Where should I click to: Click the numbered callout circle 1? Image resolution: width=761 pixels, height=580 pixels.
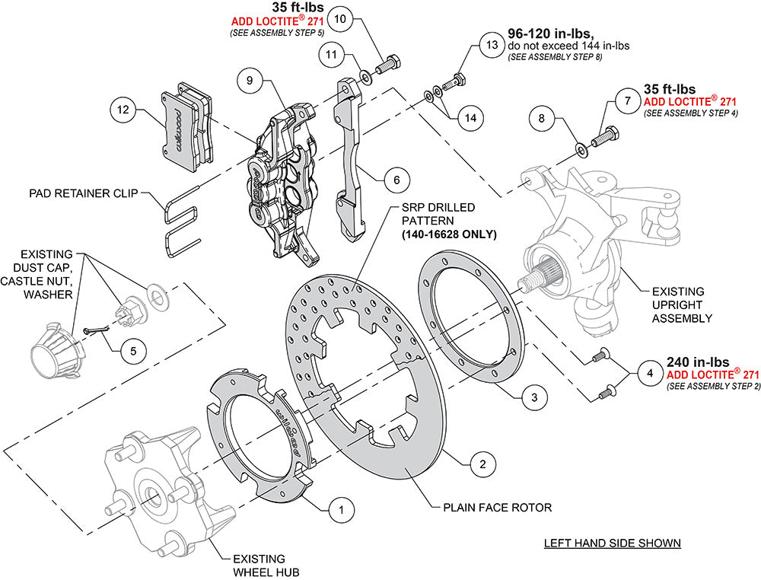[342, 509]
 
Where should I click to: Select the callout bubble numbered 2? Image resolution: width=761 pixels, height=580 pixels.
[482, 463]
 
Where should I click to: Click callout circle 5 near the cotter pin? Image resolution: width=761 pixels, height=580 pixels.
[133, 351]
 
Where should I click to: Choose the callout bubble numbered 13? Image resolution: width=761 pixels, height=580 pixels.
[492, 45]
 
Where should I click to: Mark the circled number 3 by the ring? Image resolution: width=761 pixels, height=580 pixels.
[534, 397]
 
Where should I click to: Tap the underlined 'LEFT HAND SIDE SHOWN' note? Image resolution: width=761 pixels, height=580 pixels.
[612, 543]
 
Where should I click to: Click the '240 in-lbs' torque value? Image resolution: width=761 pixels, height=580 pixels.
[698, 362]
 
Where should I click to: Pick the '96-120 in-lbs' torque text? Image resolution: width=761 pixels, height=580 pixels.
[551, 34]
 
